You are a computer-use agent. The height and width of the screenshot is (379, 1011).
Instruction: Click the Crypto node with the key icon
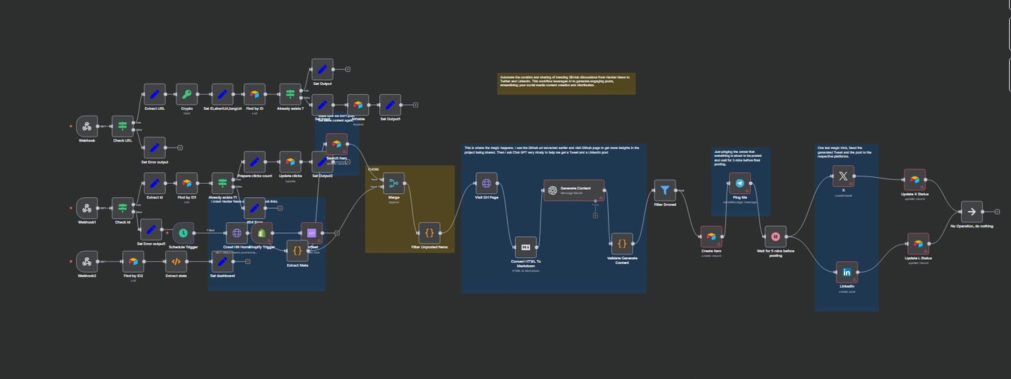tap(187, 95)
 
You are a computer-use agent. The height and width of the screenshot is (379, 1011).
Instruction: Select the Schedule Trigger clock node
tap(183, 233)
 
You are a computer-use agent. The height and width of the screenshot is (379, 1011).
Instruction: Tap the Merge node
tap(394, 183)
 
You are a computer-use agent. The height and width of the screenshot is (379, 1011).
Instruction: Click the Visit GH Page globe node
tap(486, 183)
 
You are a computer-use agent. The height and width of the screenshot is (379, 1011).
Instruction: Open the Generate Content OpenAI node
tap(574, 190)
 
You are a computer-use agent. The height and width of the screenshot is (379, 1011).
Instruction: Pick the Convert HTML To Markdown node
tap(525, 246)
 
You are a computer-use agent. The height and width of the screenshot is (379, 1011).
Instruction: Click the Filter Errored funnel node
tap(665, 190)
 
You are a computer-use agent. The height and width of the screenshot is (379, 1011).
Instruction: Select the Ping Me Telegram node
tap(740, 183)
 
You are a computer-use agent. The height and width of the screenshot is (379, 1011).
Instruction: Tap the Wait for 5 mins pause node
tap(775, 236)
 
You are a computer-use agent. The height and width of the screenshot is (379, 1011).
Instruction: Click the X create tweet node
tap(843, 176)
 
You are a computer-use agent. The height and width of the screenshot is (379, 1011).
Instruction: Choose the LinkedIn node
tap(847, 272)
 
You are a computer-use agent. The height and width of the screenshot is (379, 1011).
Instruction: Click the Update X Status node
tap(914, 180)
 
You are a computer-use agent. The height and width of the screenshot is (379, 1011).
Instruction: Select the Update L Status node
tap(917, 243)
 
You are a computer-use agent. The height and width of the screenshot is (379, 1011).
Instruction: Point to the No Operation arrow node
tap(971, 211)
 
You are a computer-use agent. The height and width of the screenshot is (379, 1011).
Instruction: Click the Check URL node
tap(122, 127)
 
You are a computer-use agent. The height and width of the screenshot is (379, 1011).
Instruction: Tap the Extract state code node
tap(176, 261)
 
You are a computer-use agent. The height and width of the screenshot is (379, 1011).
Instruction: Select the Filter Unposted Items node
tap(429, 233)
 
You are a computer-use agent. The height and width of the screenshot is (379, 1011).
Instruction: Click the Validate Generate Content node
tap(621, 243)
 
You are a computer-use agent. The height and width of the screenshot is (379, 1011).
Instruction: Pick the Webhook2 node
tap(86, 261)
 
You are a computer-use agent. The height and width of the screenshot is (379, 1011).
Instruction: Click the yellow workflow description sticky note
tap(566, 84)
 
